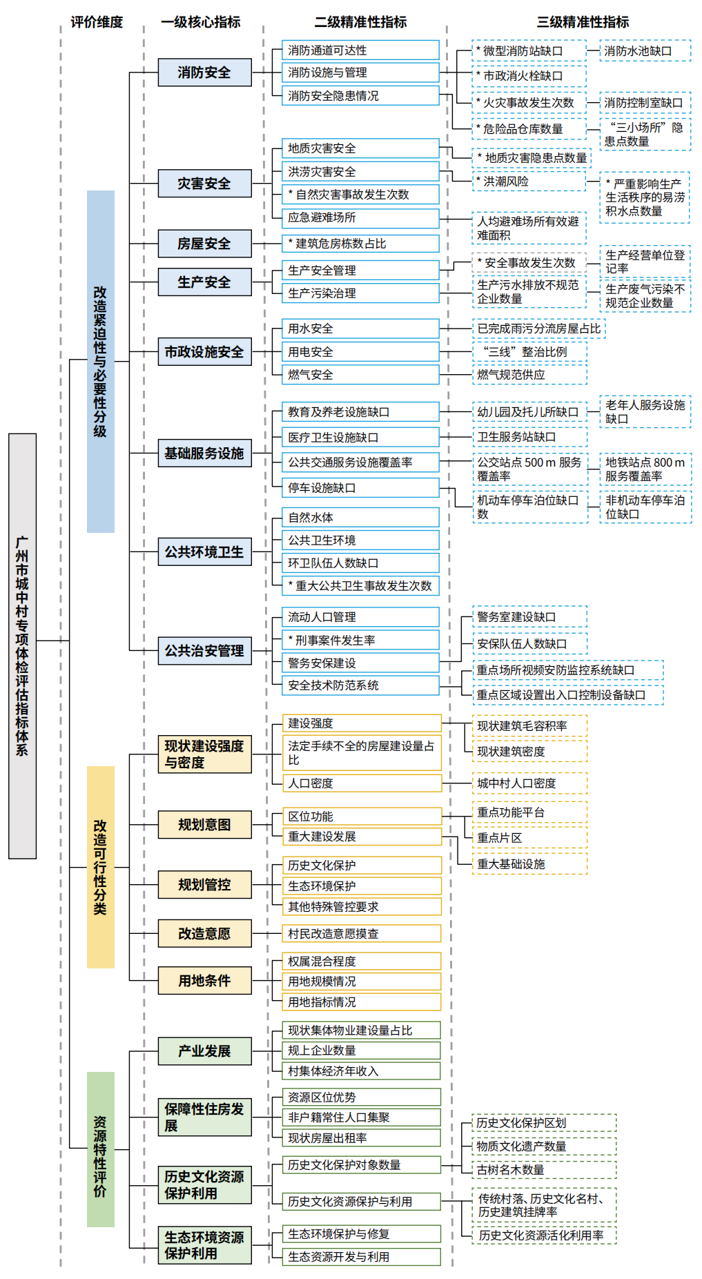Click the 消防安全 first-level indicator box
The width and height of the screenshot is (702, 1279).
point(204,72)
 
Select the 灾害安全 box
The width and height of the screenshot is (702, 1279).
point(204,184)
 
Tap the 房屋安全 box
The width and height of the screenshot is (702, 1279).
point(204,244)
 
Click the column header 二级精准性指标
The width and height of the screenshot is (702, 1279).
point(360,22)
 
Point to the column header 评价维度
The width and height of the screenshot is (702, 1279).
point(97,22)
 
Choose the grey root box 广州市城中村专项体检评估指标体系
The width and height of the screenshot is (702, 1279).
point(22,646)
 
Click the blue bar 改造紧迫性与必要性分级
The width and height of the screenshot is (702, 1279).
point(101,362)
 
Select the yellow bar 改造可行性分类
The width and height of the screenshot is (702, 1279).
point(101,867)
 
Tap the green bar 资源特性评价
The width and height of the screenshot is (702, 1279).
point(101,1149)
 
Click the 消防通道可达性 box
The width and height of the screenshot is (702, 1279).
point(360,50)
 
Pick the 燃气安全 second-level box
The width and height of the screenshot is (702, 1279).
point(360,375)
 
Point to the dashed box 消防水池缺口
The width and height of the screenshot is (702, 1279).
point(645,51)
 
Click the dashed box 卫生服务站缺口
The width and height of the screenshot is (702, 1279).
point(529,437)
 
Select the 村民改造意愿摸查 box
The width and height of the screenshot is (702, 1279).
point(362,934)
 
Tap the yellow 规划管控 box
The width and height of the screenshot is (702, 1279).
point(204,885)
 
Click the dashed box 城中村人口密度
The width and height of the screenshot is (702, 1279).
point(529,783)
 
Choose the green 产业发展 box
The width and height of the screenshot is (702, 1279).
point(204,1051)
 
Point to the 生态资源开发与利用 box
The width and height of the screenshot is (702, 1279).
point(362,1257)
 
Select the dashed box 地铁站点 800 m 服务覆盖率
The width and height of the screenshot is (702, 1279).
point(645,469)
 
